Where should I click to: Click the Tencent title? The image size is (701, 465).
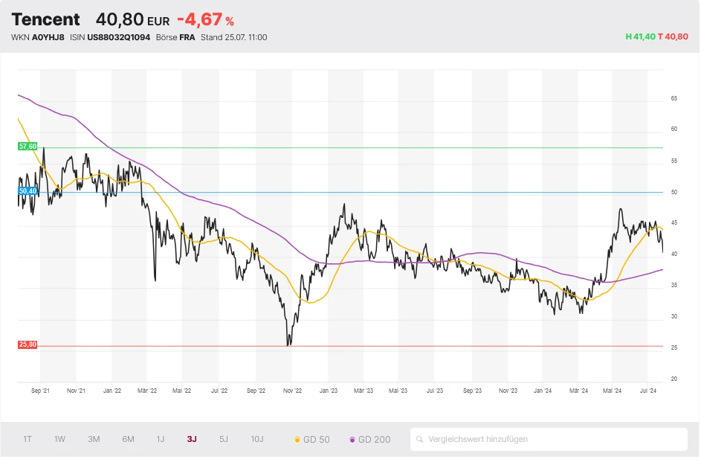(45, 19)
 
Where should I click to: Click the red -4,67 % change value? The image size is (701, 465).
(205, 20)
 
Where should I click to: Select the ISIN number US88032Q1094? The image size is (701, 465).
(118, 37)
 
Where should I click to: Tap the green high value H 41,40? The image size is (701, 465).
(640, 37)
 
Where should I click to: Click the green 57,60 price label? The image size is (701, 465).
(28, 147)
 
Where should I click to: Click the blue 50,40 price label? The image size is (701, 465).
(28, 191)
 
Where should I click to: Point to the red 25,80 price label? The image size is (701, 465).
(28, 345)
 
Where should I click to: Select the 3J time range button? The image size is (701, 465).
(192, 439)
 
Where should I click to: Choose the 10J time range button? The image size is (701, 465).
(257, 439)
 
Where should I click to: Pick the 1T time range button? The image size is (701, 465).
(28, 439)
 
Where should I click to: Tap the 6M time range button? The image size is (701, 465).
(128, 439)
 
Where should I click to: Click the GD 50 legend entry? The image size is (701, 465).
(312, 440)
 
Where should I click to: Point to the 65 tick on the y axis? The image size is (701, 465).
(673, 98)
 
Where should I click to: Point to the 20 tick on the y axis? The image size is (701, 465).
(673, 379)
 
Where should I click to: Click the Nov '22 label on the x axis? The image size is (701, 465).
(293, 390)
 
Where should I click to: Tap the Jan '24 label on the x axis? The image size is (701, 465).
(543, 390)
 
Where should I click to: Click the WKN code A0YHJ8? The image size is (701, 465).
(48, 37)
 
